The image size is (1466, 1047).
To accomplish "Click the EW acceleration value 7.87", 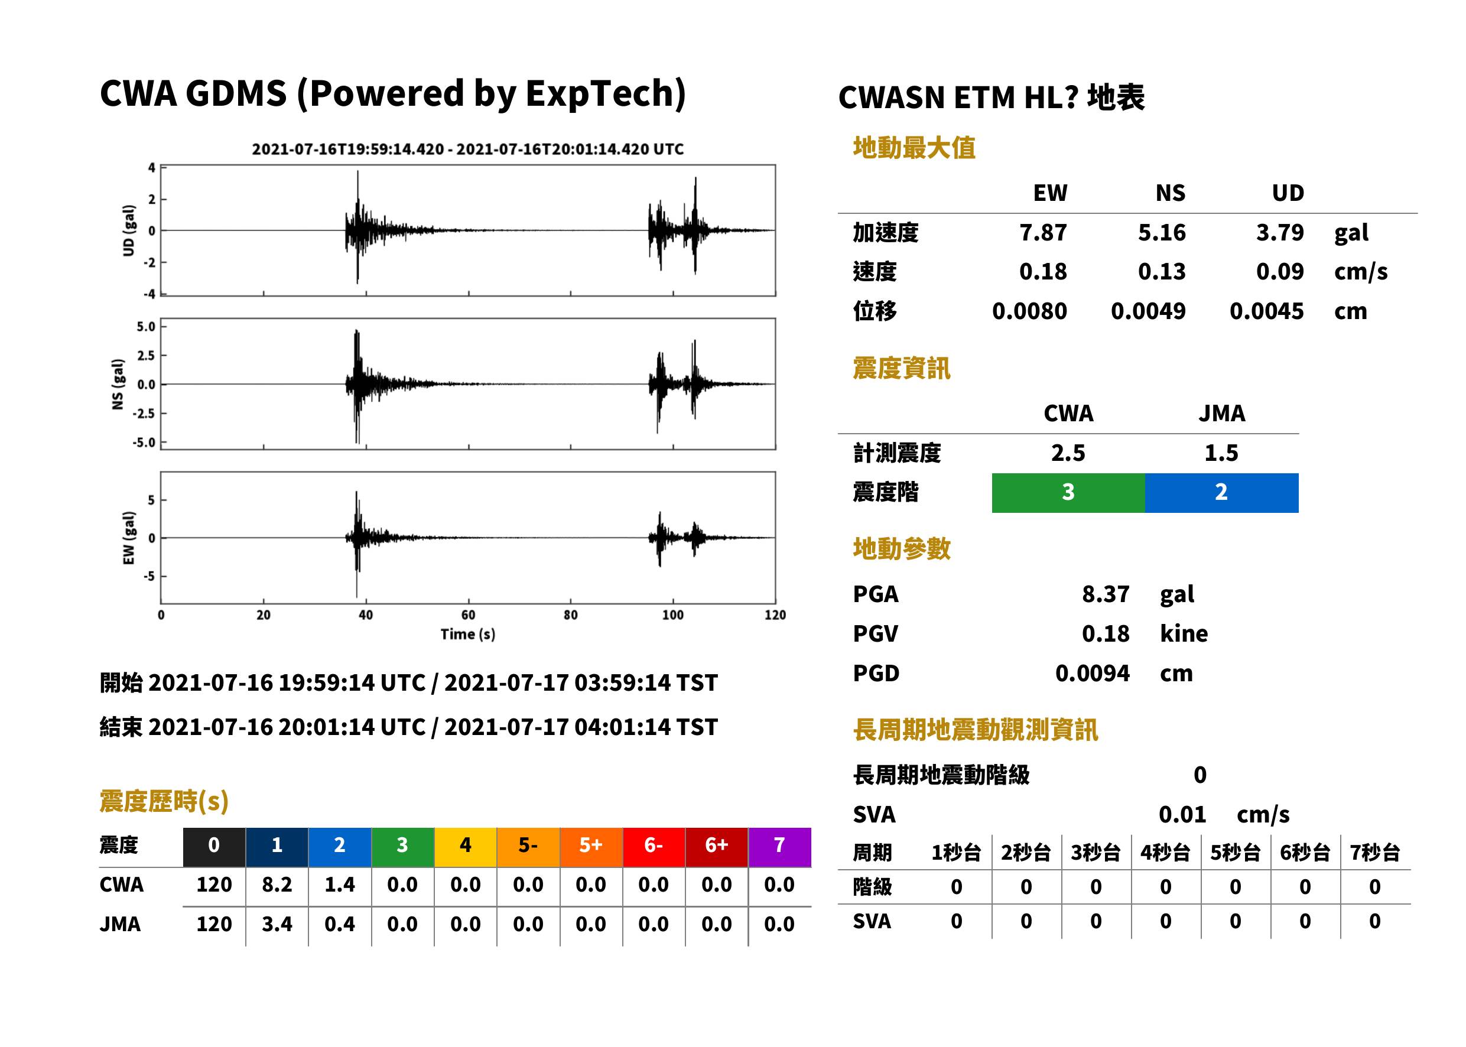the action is (1042, 233).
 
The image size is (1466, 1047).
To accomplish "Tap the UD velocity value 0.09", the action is (1280, 272).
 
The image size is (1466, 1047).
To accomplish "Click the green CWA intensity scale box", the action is (1068, 493).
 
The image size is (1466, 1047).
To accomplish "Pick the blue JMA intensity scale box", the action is (1222, 493).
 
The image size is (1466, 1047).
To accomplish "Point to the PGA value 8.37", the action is (1106, 594).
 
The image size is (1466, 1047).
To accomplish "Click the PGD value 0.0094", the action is (1093, 674).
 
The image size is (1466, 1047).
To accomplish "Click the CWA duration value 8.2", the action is (277, 885).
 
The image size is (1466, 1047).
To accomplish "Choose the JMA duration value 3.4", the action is (277, 925).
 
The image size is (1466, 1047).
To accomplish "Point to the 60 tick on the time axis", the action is (468, 615).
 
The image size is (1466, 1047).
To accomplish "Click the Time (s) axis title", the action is (468, 635).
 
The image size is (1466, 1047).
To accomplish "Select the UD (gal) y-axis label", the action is (129, 230).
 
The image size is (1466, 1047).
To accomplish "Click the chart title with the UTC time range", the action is (468, 149).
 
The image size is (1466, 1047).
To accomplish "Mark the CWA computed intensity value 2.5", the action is (1068, 453).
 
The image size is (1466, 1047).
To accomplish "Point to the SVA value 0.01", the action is (1182, 815).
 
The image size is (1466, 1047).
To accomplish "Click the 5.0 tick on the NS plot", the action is (146, 327).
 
